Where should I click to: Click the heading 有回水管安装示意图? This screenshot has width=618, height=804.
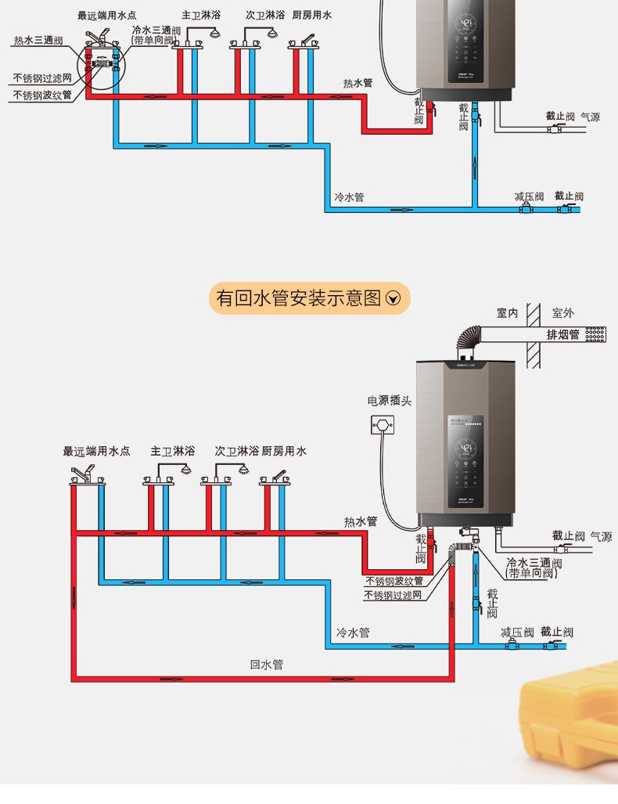coord(298,298)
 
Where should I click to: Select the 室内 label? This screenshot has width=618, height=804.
coord(507,313)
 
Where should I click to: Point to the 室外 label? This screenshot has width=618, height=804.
coord(562,313)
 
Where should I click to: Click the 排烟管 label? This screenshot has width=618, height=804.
coord(562,334)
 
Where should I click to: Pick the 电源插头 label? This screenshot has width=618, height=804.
coord(390,401)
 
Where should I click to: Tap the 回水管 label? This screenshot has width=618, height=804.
coord(267,665)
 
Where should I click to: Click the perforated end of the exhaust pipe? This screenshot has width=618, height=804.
coord(594,334)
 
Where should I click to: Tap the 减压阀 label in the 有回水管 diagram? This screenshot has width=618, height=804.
coord(517,632)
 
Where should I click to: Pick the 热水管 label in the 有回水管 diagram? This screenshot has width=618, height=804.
coord(361,521)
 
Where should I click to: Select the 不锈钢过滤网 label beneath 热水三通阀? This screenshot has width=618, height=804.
coord(42,78)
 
